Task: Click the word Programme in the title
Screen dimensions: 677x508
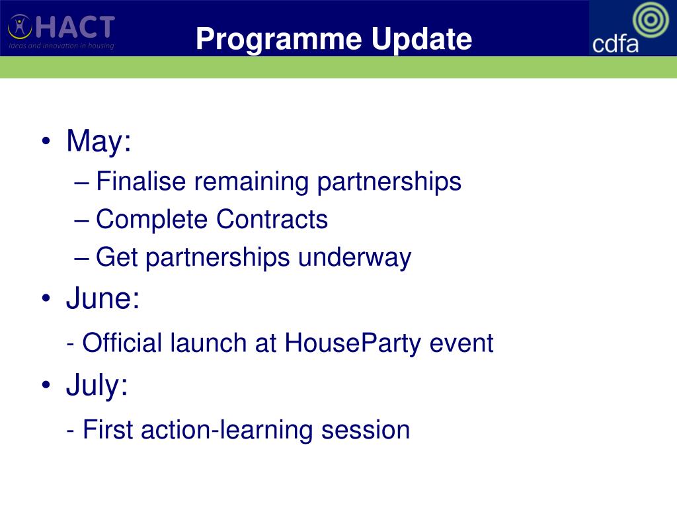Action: [x=278, y=40]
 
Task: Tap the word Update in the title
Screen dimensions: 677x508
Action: [x=421, y=39]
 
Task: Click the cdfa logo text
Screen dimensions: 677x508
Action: [x=615, y=44]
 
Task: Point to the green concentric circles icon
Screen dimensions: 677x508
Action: [x=651, y=19]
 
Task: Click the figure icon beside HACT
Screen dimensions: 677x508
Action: [x=20, y=26]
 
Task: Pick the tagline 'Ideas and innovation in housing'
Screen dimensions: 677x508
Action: [x=61, y=46]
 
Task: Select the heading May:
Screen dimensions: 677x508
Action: [x=99, y=141]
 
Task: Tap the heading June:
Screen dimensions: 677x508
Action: [x=102, y=298]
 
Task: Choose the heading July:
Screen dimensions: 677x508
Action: [x=97, y=385]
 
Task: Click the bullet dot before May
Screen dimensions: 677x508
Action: [x=46, y=141]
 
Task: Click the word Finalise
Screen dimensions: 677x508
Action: [x=141, y=181]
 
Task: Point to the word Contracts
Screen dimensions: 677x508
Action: [x=272, y=219]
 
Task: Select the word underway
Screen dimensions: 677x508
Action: [x=354, y=258]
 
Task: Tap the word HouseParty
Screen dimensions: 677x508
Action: [x=353, y=344]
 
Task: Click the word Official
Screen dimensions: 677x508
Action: [x=122, y=343]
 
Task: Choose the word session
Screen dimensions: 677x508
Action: [x=365, y=430]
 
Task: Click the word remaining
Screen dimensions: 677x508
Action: [x=251, y=181]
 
